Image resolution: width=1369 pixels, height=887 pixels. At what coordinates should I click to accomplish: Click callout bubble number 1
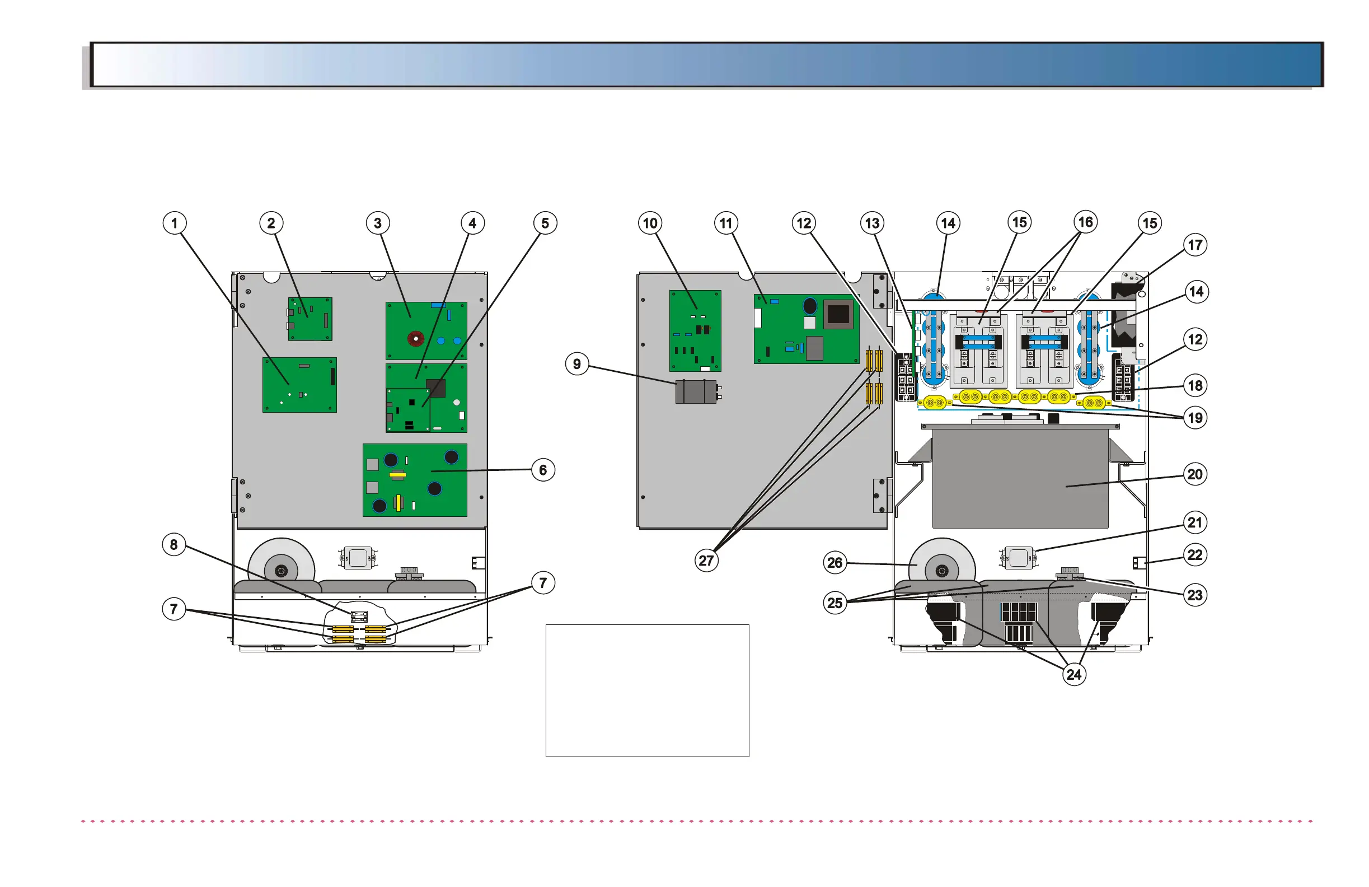coord(174,223)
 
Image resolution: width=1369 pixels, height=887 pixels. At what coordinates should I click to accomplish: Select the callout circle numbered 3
coord(377,223)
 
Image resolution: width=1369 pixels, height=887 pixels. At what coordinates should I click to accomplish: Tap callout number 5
coord(545,223)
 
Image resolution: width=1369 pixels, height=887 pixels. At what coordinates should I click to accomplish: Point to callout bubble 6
coord(542,470)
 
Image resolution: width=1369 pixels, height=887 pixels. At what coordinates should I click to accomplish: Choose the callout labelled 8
coord(174,544)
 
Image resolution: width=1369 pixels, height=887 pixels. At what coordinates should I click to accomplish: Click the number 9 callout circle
coord(577,364)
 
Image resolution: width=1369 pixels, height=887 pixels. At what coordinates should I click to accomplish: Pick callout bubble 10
coord(650,223)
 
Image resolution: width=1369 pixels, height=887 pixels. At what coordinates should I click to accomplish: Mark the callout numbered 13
coord(872,223)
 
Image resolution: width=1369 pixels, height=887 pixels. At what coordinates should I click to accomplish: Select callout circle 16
coord(1085,222)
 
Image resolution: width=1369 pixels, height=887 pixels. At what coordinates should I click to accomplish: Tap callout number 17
coord(1195,245)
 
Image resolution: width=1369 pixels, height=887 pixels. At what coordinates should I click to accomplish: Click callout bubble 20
coord(1195,474)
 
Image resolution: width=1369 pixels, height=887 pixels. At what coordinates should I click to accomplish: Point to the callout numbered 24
coord(1074,674)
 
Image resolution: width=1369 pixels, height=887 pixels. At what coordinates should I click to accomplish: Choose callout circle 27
coord(706,560)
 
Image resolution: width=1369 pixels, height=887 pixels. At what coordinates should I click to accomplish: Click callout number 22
coord(1195,554)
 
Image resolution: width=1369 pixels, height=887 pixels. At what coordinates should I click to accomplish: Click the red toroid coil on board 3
coord(415,338)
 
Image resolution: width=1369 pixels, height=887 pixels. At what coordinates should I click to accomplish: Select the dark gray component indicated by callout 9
coord(696,391)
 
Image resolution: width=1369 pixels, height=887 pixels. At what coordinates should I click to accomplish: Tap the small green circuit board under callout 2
coord(310,318)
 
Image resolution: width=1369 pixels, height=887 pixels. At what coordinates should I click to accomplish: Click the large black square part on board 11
coord(837,314)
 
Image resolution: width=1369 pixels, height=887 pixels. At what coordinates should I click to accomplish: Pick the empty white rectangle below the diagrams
coord(647,690)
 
